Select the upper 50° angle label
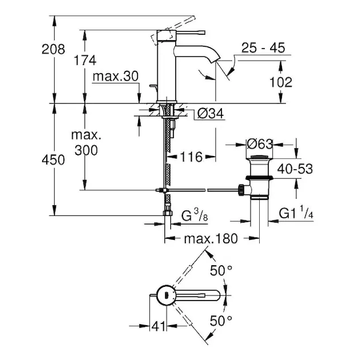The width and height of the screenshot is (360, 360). [x=221, y=271]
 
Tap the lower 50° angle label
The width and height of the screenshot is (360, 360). [x=221, y=320]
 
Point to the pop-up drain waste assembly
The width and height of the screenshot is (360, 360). [x=260, y=180]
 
